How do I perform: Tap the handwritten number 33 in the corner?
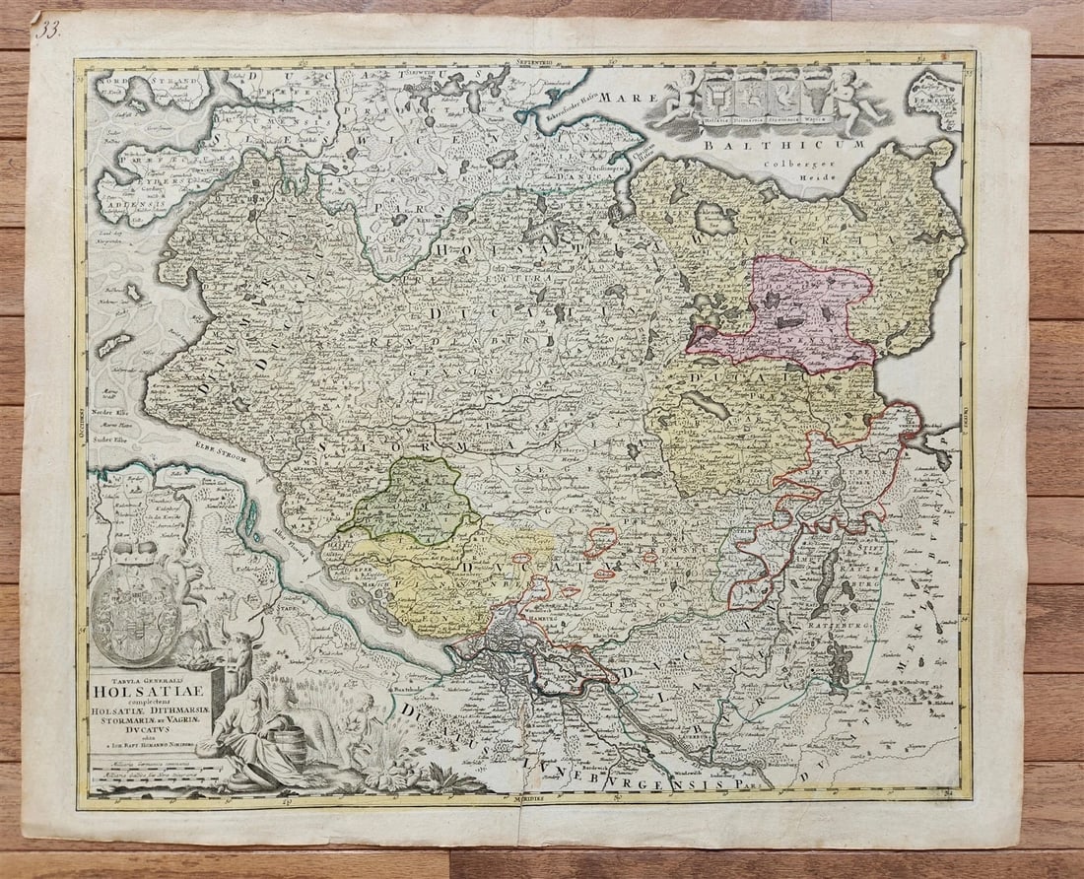48,29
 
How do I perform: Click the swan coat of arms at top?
754,96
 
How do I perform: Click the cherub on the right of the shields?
854,100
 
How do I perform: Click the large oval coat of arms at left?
135,602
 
